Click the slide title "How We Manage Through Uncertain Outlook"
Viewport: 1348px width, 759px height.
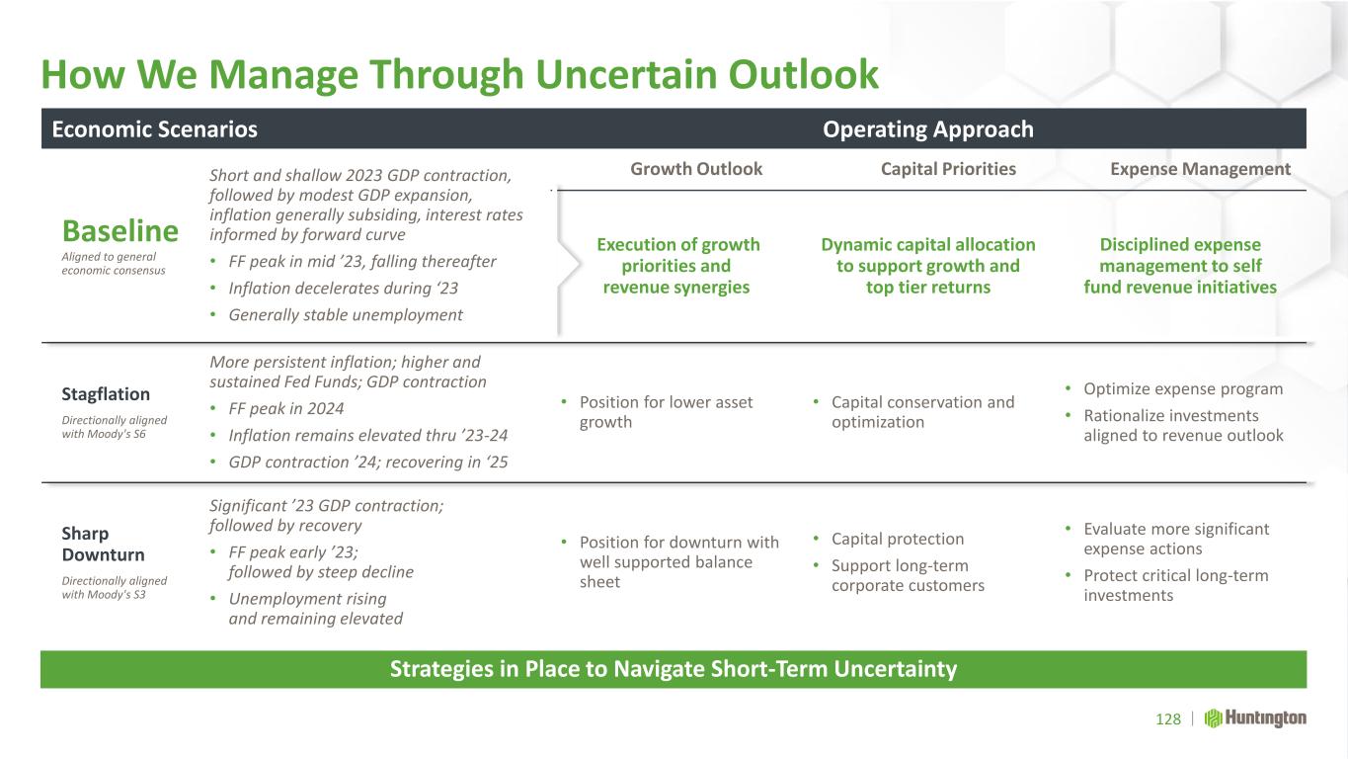460,75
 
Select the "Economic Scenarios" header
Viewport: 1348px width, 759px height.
155,128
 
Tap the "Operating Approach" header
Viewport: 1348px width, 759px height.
928,128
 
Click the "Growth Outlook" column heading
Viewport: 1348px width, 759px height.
696,169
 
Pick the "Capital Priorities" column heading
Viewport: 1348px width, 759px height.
948,169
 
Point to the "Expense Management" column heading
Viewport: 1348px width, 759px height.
1201,169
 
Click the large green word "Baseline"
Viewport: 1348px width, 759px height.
120,230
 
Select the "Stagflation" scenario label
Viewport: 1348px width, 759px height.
106,394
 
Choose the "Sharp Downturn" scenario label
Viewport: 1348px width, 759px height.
103,544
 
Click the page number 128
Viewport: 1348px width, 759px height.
1168,718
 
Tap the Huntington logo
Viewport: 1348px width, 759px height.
1255,718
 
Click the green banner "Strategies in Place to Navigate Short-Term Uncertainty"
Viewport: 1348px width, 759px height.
674,669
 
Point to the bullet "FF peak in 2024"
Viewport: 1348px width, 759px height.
285,408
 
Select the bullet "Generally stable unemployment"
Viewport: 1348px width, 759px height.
346,314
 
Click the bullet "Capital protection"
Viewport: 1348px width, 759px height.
898,539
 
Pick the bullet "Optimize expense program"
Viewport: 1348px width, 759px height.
1183,388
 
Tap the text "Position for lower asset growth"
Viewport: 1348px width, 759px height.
667,412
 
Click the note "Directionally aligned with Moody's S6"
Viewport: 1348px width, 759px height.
115,427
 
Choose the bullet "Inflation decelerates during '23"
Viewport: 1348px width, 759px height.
343,288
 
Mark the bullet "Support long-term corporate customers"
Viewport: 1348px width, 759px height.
909,575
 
